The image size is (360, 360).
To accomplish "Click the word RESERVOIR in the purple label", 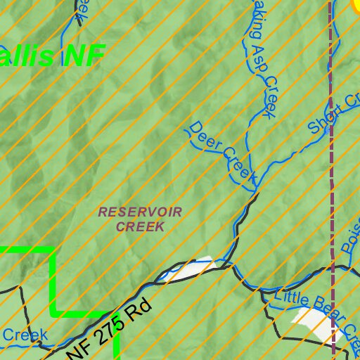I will [140, 212].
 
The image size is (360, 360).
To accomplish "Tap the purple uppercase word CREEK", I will [140, 226].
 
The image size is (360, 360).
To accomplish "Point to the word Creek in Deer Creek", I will [240, 165].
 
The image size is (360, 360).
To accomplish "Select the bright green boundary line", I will [55, 281].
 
